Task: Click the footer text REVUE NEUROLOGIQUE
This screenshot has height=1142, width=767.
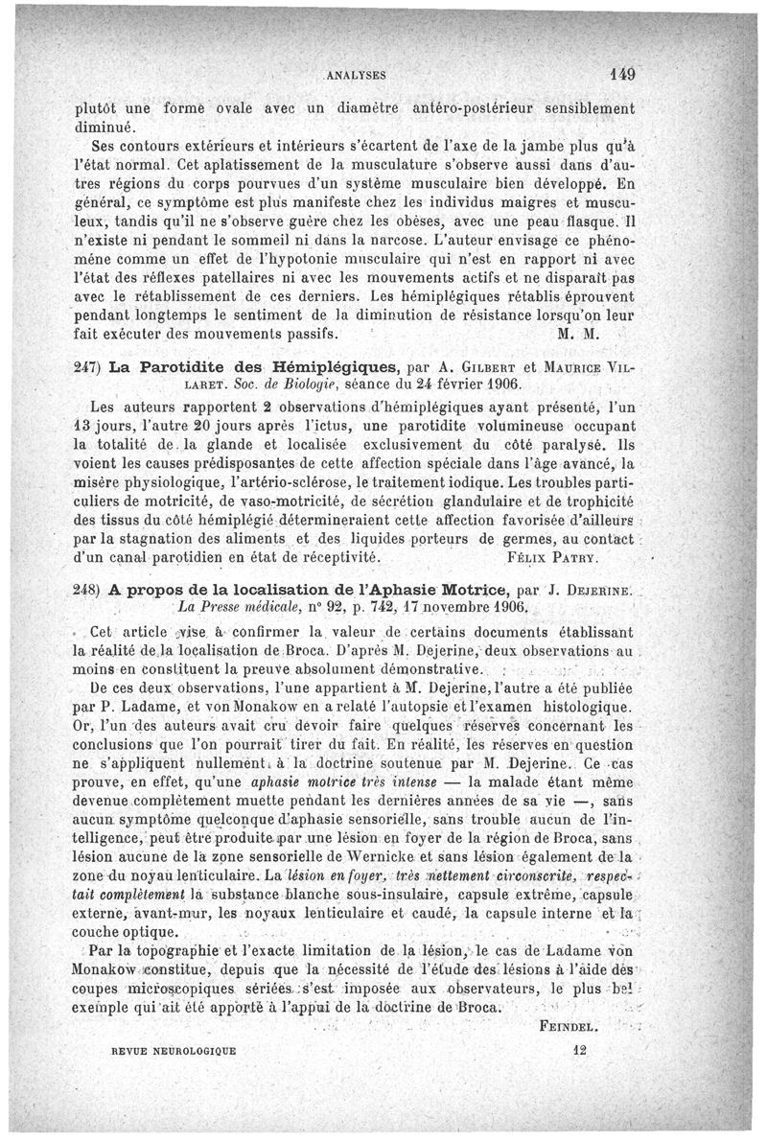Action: coord(174,1051)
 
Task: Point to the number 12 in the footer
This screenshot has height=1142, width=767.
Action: coord(577,1050)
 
